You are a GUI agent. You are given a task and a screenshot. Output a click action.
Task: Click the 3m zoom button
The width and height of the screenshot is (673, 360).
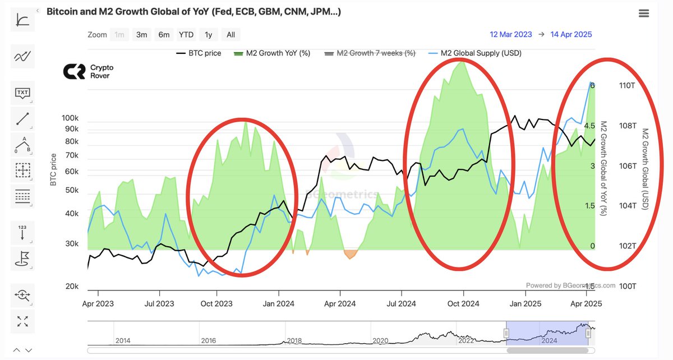point(141,35)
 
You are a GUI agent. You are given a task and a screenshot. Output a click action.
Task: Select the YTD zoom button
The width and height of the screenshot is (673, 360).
point(186,35)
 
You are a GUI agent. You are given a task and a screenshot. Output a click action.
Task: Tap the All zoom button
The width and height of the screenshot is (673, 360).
point(231,35)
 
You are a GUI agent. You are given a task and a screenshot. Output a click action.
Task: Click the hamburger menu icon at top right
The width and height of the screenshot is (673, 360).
point(644,13)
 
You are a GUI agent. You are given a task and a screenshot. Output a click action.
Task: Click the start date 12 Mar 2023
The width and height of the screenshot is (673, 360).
point(510,34)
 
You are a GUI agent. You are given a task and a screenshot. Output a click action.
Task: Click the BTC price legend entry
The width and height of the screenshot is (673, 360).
point(199,53)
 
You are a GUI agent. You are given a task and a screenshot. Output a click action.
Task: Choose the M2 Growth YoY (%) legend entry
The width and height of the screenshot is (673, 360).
point(272,53)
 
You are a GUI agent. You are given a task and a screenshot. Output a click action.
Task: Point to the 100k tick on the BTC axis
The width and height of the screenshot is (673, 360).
point(70,118)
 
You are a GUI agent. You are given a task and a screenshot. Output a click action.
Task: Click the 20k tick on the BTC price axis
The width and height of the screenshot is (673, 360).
point(72,287)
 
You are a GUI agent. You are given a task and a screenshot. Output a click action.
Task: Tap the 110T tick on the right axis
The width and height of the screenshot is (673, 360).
point(626,86)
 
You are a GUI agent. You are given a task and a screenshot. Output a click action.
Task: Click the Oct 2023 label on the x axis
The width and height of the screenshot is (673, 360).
point(216,304)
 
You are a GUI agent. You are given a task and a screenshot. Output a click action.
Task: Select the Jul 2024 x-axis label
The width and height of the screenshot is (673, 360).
point(401,304)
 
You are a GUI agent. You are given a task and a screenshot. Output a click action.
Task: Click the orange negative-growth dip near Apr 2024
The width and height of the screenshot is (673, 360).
point(350,254)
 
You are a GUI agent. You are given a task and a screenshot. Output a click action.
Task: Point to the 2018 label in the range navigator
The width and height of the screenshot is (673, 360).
point(294,340)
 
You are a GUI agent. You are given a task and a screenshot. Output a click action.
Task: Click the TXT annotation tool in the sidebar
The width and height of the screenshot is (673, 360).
point(22,93)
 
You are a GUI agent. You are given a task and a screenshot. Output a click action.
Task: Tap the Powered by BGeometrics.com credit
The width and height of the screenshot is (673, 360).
point(570,285)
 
